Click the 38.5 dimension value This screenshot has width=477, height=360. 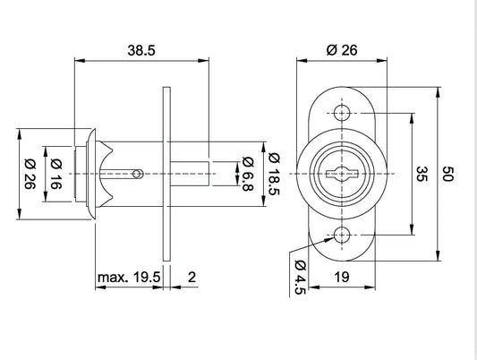pyautogui.click(x=141, y=50)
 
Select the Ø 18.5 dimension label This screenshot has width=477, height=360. pyautogui.click(x=274, y=174)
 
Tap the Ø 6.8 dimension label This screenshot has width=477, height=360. pyautogui.click(x=248, y=174)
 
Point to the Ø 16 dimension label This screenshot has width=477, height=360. pyautogui.click(x=56, y=174)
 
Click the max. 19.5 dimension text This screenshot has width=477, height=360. pyautogui.click(x=129, y=278)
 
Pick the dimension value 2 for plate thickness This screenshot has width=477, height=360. pyautogui.click(x=192, y=278)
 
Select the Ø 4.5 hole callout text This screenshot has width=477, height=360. pyautogui.click(x=300, y=278)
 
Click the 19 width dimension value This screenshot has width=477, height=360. pyautogui.click(x=342, y=278)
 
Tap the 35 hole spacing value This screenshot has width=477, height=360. pyautogui.click(x=422, y=174)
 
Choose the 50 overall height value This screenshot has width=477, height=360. pyautogui.click(x=447, y=174)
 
